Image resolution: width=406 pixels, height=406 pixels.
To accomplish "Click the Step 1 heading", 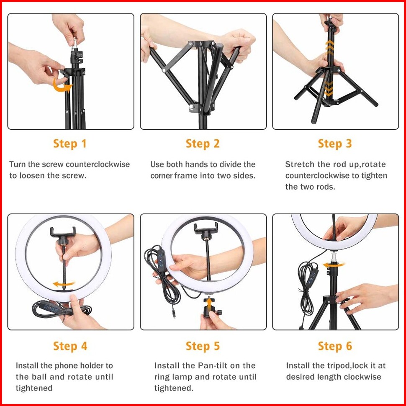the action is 69,144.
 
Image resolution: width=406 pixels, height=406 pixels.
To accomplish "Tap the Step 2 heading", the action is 203,144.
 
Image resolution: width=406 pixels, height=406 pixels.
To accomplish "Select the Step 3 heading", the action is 335,144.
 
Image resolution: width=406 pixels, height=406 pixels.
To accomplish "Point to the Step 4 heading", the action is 70,346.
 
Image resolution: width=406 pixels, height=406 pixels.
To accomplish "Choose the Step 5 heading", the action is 203,346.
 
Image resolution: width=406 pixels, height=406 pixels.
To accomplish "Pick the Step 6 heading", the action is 335,346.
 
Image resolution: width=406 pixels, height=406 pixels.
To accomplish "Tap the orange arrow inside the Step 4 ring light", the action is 64,284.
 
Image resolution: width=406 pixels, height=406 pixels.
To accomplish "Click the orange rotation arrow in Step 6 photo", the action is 334,265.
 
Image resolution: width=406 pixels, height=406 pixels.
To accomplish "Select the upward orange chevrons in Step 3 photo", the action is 330,48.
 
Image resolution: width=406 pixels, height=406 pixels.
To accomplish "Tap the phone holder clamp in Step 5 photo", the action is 206,227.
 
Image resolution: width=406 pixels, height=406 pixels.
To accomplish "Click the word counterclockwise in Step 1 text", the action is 98,164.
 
